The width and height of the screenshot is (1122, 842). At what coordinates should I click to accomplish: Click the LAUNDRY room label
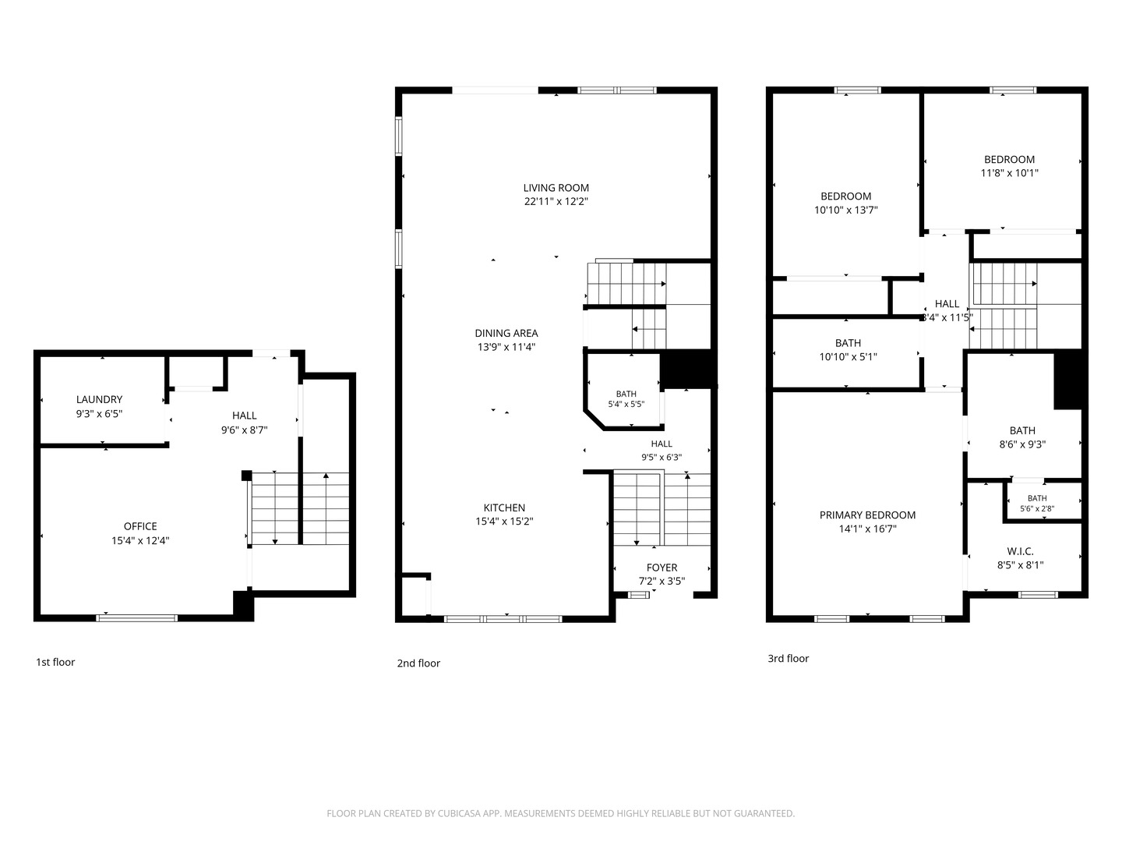[x=99, y=399]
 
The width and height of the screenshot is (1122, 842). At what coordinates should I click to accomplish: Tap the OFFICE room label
[x=140, y=526]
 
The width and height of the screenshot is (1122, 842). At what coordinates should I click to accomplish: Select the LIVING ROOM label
[x=556, y=188]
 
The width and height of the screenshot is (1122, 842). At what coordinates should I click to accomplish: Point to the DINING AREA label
[x=506, y=333]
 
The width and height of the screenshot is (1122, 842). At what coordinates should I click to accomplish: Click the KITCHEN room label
[x=504, y=508]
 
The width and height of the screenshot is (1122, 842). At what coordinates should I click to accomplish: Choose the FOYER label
[x=662, y=568]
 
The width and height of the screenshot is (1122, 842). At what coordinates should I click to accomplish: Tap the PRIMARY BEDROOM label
[x=867, y=515]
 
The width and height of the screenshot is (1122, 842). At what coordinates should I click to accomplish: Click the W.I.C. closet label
[x=1020, y=551]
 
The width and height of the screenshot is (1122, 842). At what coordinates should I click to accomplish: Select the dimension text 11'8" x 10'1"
[x=1009, y=173]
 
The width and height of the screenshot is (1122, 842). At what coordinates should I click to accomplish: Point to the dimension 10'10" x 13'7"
[x=845, y=210]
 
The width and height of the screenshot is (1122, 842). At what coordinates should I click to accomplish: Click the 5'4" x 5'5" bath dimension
[x=626, y=404]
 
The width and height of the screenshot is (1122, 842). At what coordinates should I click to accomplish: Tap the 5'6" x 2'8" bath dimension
[x=1036, y=508]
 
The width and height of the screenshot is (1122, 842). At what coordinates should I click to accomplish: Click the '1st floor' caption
[x=55, y=662]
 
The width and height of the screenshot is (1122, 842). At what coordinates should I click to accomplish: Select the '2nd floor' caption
[x=418, y=663]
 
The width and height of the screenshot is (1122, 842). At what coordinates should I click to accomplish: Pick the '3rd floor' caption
[x=788, y=659]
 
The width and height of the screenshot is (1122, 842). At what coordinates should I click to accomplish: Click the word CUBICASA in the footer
[x=459, y=813]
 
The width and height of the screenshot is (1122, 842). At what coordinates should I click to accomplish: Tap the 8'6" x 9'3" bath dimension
[x=1021, y=444]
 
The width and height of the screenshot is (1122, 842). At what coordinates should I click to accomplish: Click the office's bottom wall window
[x=137, y=618]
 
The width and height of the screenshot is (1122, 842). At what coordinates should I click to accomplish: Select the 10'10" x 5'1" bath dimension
[x=848, y=357]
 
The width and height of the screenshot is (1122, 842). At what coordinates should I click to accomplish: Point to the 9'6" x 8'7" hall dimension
[x=244, y=430]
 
